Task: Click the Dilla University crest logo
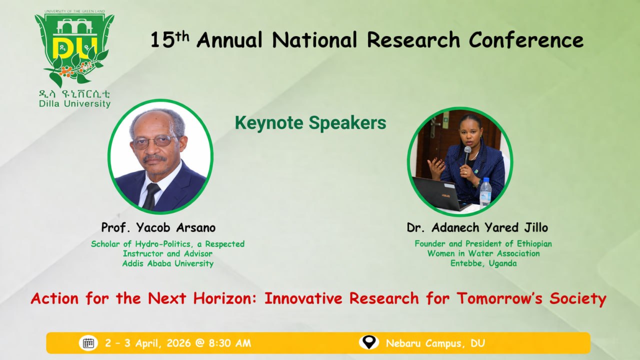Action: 74,48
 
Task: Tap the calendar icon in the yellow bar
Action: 88,343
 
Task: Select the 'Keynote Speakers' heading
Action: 310,123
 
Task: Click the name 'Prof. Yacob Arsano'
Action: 158,227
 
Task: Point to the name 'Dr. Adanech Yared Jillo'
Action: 477,227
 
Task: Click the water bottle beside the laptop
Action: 485,193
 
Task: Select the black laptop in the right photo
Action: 439,194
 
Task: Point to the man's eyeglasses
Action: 155,141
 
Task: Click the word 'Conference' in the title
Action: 526,39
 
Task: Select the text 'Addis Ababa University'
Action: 168,263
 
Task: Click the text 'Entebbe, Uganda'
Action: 483,263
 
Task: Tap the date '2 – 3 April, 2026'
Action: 147,343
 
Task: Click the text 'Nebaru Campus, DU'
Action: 435,343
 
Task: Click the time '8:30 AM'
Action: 229,343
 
